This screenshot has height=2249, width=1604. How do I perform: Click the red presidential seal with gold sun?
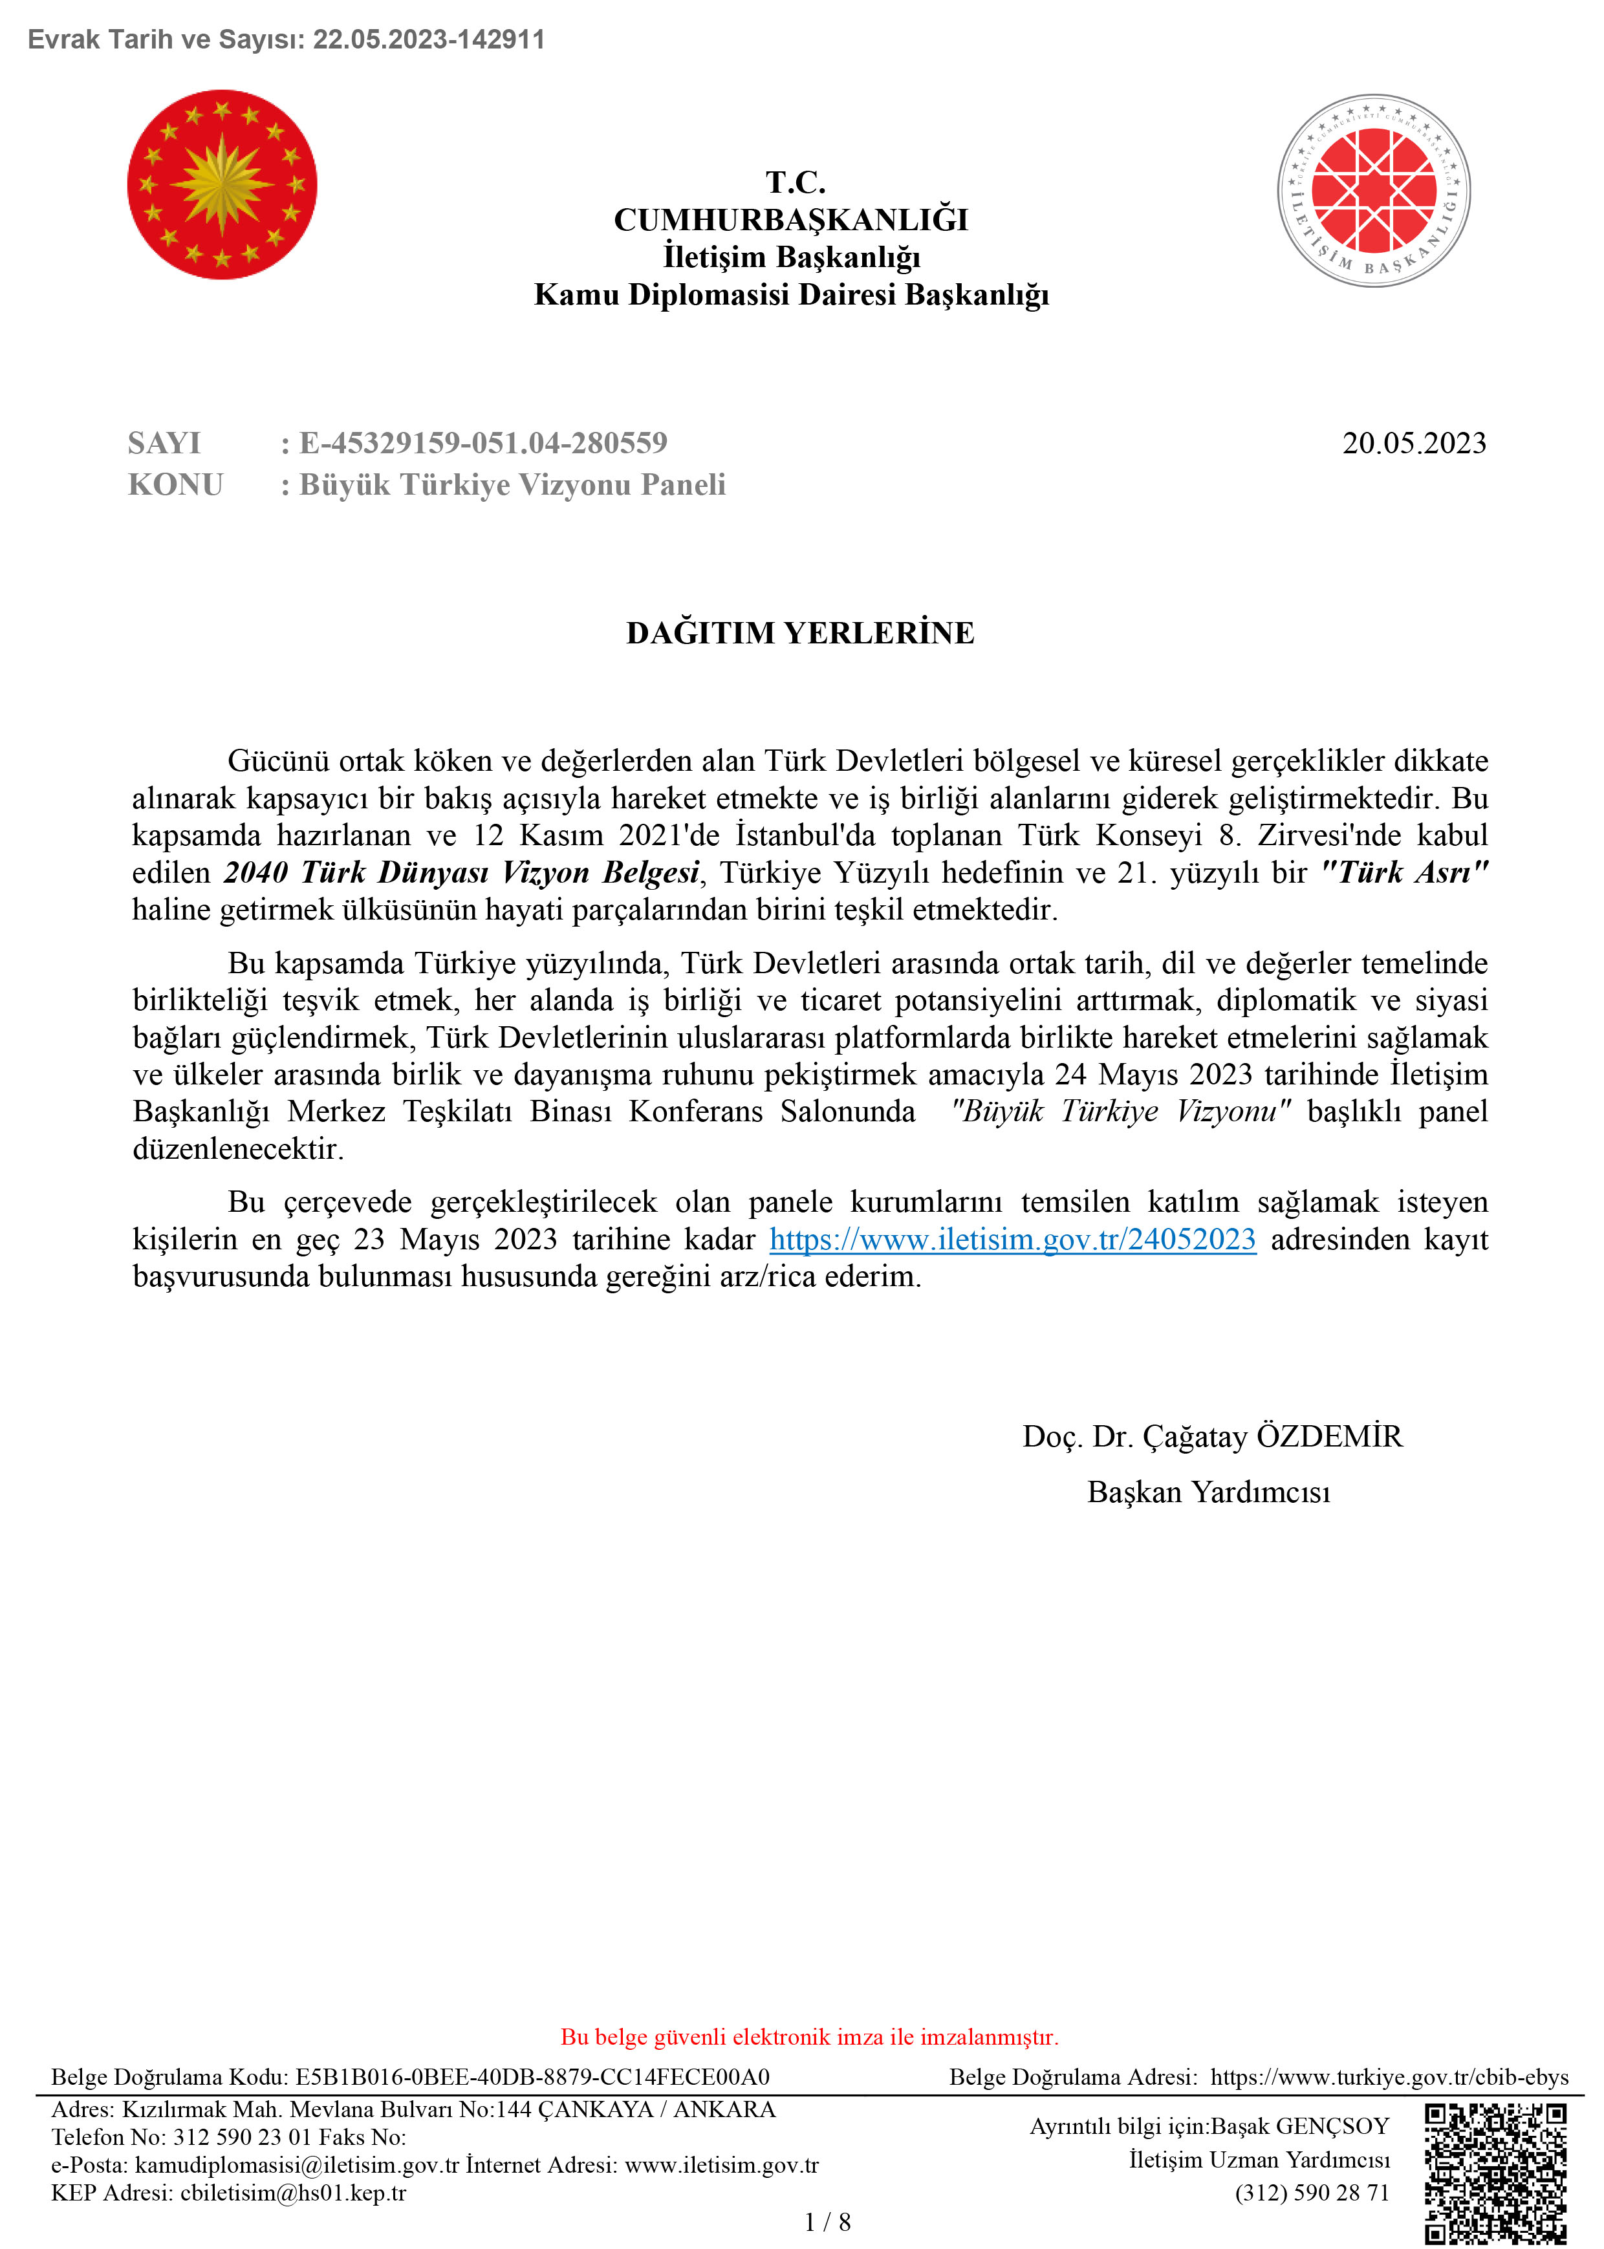pos(222,185)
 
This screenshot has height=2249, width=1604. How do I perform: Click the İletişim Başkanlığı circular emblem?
pos(1373,191)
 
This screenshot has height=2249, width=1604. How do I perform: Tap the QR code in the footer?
pos(1495,2173)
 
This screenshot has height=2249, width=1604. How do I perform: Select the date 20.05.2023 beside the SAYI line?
pos(1413,444)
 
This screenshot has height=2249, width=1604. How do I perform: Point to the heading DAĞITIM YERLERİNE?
pos(800,633)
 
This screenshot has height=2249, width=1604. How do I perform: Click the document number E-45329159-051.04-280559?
pos(484,444)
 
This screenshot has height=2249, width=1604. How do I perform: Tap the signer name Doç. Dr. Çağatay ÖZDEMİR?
pos(1212,1436)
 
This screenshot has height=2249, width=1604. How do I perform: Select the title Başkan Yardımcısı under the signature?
pos(1208,1492)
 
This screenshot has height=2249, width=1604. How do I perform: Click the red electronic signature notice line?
pos(809,2037)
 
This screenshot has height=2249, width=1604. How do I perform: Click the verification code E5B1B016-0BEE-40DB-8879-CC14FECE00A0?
pos(532,2077)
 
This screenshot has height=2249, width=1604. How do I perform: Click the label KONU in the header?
pos(176,485)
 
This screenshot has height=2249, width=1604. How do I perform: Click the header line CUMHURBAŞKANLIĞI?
pos(791,219)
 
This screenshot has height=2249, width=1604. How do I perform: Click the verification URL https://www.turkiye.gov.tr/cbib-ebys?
pos(1389,2077)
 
